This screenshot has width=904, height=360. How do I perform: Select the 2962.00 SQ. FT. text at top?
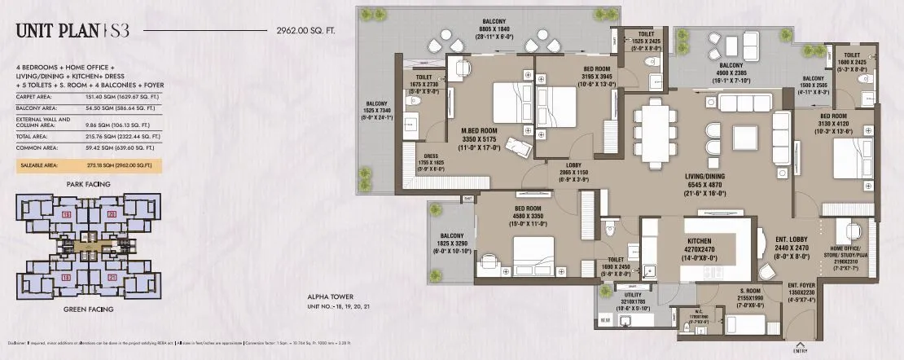[301, 32]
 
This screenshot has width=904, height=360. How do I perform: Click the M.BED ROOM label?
[480, 132]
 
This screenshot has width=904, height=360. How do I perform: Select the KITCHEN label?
[700, 242]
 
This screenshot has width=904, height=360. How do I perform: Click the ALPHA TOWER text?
[327, 299]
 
